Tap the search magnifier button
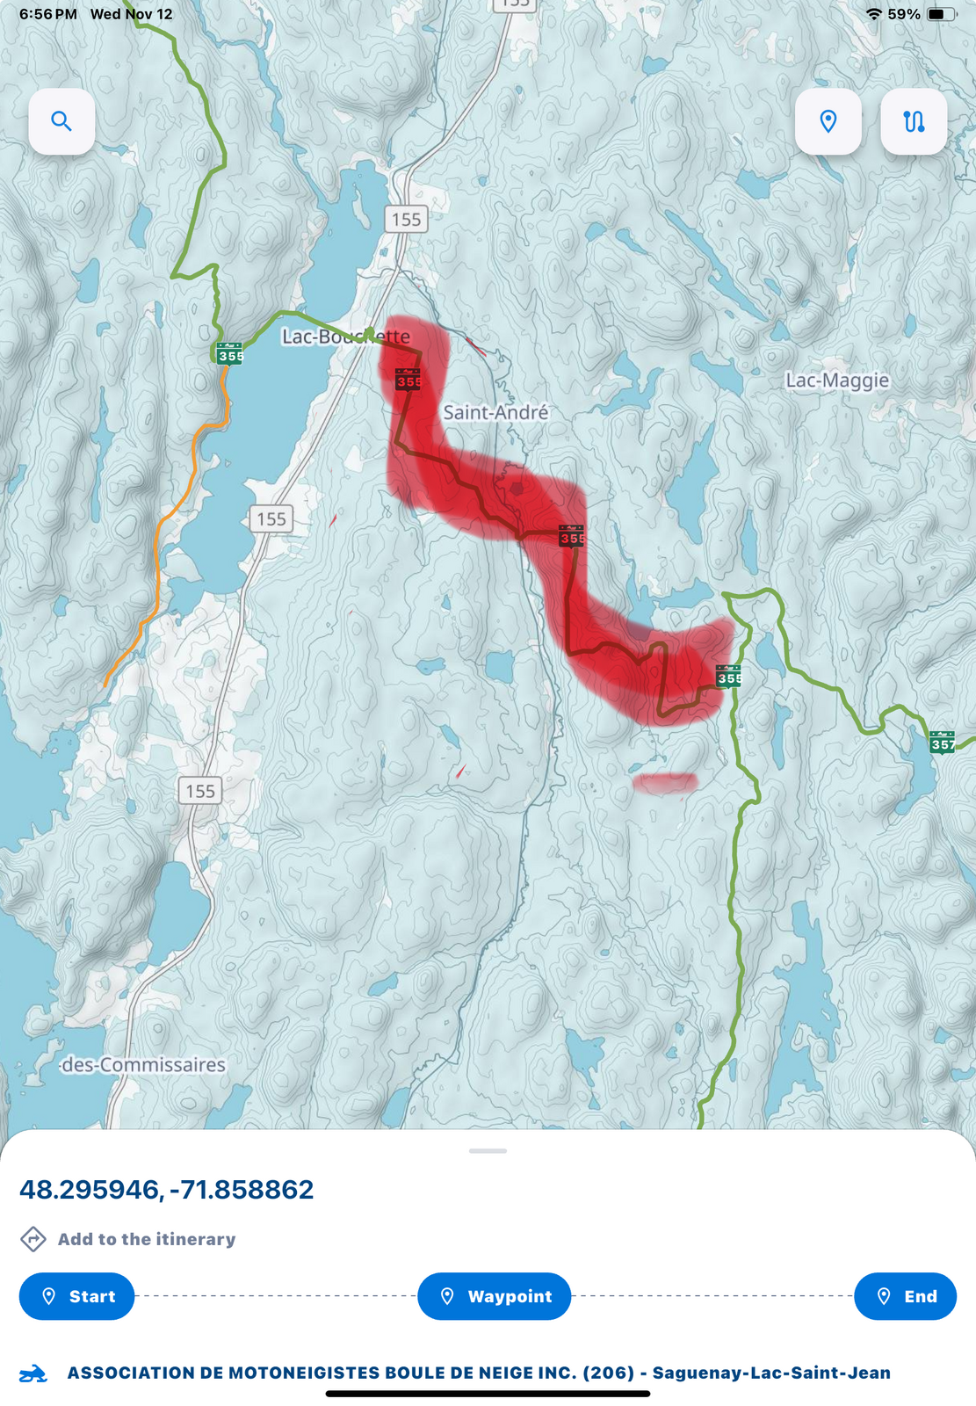(x=61, y=121)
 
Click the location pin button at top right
(x=828, y=121)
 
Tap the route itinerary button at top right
(x=914, y=121)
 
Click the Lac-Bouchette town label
(x=345, y=337)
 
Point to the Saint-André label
(x=495, y=412)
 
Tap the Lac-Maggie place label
(x=837, y=380)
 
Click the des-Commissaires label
(x=144, y=1065)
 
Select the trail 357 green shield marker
(x=942, y=742)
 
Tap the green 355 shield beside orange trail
(x=229, y=353)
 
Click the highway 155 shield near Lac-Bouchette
(x=406, y=219)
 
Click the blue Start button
(x=77, y=1296)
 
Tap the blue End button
(x=905, y=1296)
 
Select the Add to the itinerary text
(x=147, y=1239)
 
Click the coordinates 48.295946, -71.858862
(x=167, y=1190)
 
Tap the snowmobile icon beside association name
(x=33, y=1373)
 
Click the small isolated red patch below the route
(x=665, y=782)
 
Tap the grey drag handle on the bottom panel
(x=488, y=1150)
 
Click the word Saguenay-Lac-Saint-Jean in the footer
(x=771, y=1373)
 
